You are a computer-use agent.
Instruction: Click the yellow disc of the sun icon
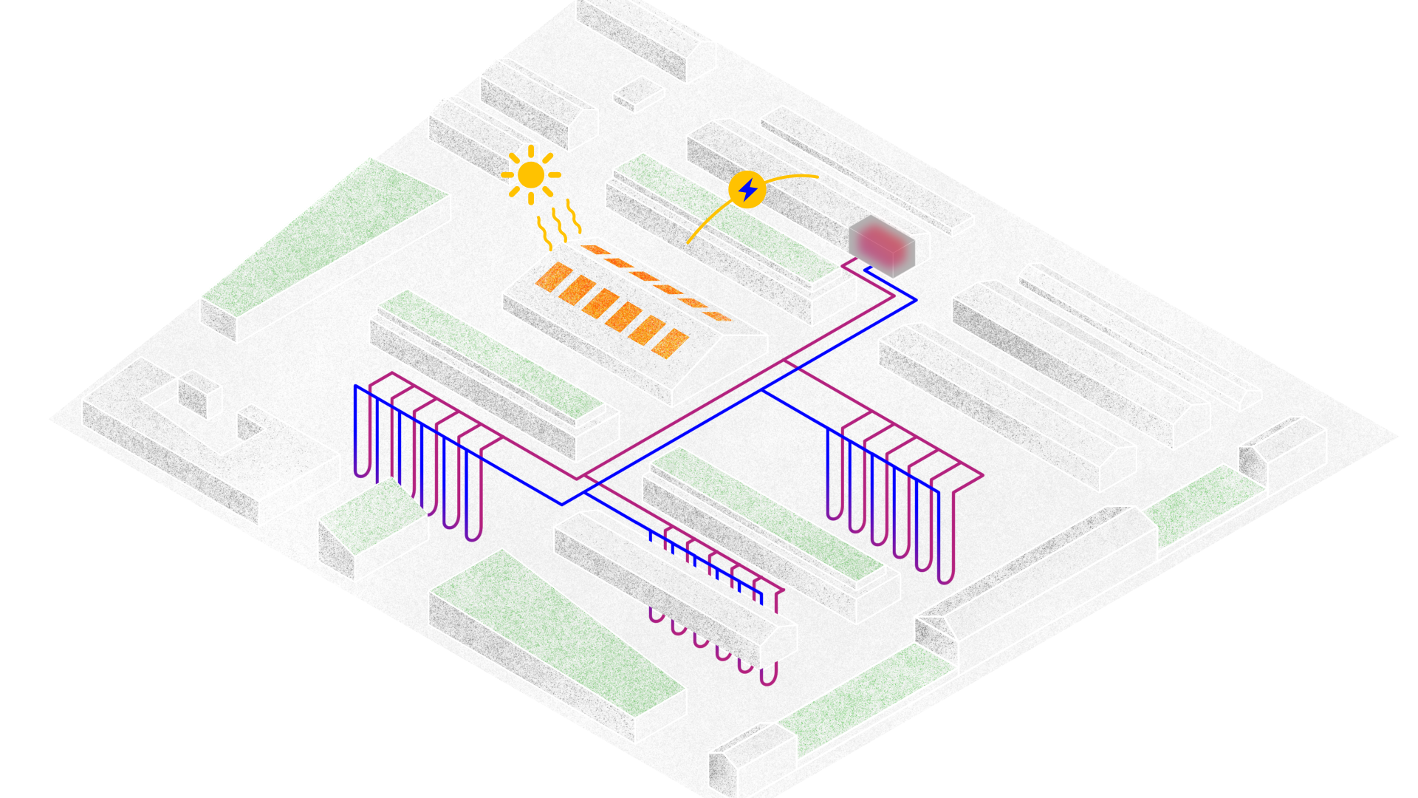pyautogui.click(x=530, y=175)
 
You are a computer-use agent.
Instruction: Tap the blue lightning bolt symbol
pyautogui.click(x=747, y=190)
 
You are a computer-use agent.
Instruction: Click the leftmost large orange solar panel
pyautogui.click(x=554, y=276)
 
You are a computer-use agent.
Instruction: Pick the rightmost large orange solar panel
pyautogui.click(x=671, y=344)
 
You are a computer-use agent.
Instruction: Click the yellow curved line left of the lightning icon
pyautogui.click(x=708, y=219)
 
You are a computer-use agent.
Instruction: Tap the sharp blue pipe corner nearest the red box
pyautogui.click(x=916, y=300)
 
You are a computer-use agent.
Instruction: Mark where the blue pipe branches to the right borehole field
pyautogui.click(x=762, y=389)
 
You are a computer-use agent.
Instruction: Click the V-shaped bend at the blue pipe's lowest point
pyautogui.click(x=562, y=504)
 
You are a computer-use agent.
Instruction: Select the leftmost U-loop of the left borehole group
pyautogui.click(x=362, y=470)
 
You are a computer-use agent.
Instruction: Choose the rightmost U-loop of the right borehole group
pyautogui.click(x=946, y=576)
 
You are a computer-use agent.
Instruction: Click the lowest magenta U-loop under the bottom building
pyautogui.click(x=768, y=678)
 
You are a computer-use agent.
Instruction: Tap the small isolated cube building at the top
pyautogui.click(x=639, y=93)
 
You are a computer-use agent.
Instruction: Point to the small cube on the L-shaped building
pyautogui.click(x=199, y=393)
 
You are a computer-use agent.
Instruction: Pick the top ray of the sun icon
pyautogui.click(x=530, y=151)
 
